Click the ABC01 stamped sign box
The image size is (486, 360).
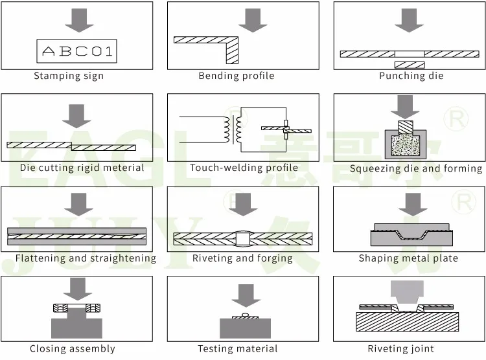[76, 51]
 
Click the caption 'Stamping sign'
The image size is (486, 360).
[69, 76]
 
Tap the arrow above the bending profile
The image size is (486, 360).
[253, 19]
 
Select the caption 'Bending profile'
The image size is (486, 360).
[237, 76]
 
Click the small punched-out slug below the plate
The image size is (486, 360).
[409, 65]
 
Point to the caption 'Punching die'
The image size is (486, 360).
[411, 76]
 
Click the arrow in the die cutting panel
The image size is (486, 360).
[76, 114]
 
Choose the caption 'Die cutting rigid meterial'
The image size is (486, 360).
[82, 168]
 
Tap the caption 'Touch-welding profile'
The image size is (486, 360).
[244, 168]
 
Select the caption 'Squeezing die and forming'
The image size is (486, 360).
[416, 168]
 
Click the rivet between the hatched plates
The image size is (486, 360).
[242, 238]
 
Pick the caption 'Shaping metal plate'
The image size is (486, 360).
[408, 258]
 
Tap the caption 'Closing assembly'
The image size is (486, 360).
[73, 349]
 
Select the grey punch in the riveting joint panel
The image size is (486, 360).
[406, 294]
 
